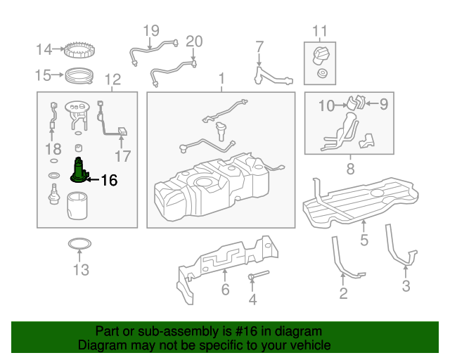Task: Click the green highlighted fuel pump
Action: [x=79, y=171]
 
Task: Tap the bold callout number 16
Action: [x=110, y=181]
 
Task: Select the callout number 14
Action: [x=44, y=49]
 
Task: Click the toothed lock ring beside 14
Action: [x=79, y=50]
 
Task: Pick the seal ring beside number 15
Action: [x=79, y=76]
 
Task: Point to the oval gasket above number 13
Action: [x=79, y=244]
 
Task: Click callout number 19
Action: [x=151, y=31]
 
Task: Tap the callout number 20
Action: [x=194, y=41]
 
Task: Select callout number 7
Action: [x=259, y=46]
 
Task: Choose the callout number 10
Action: [x=326, y=105]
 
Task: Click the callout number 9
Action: [x=384, y=104]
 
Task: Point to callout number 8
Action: [x=350, y=169]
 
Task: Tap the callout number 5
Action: [x=364, y=240]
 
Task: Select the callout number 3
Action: [x=406, y=286]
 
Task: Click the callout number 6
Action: [x=225, y=290]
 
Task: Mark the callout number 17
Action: [x=123, y=157]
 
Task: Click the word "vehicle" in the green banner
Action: [x=311, y=345]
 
